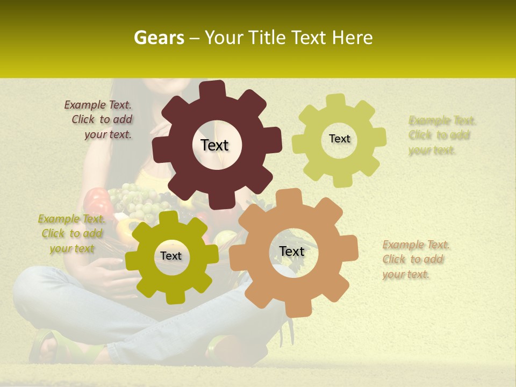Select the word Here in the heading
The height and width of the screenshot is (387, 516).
[x=353, y=38]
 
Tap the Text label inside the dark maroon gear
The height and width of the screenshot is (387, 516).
[x=214, y=145]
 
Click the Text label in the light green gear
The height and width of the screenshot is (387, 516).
[x=339, y=139]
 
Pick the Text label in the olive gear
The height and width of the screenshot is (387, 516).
[x=171, y=256]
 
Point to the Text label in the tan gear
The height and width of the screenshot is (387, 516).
[x=291, y=251]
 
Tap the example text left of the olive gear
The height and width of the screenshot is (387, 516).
[x=71, y=234]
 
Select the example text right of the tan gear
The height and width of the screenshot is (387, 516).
[x=415, y=260]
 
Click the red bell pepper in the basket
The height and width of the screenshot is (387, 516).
[x=96, y=202]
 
